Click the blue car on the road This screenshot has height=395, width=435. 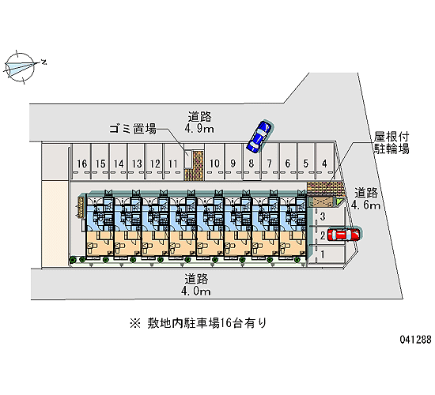click(259, 137)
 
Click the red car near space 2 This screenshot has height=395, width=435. click(343, 235)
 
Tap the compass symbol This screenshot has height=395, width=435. click(20, 67)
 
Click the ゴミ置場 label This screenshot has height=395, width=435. click(133, 129)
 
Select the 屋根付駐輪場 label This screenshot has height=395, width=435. click(391, 143)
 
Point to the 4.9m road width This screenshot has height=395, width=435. click(199, 129)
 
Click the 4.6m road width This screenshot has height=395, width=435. click(365, 205)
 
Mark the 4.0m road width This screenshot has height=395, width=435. click(196, 291)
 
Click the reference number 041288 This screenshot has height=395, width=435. click(415, 339)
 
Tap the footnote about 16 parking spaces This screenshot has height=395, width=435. click(198, 323)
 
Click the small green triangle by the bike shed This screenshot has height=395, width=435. click(340, 202)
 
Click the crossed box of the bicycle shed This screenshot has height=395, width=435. click(322, 201)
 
